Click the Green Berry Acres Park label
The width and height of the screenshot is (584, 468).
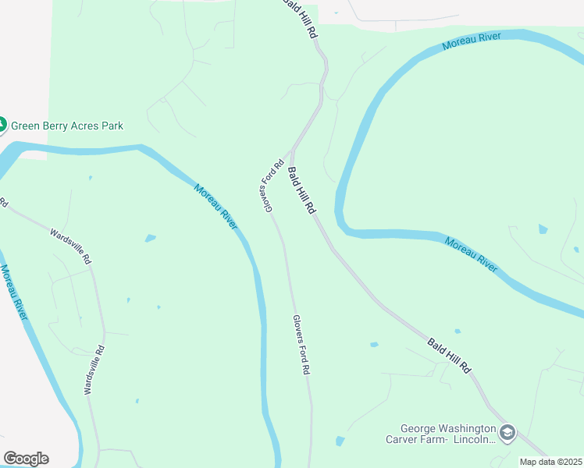66,126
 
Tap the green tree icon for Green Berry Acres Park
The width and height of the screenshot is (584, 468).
2,125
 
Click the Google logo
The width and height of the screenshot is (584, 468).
26,458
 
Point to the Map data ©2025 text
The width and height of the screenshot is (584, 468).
551,462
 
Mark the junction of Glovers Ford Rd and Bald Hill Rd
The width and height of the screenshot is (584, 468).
291,151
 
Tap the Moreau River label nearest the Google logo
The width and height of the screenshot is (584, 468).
14,292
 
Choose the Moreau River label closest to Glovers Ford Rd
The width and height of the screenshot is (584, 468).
216,207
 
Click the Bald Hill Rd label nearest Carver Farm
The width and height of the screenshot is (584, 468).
450,355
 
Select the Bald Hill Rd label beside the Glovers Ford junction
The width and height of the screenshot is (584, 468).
301,191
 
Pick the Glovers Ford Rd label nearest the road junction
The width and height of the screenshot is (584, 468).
271,186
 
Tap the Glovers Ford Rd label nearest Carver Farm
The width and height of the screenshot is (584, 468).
301,345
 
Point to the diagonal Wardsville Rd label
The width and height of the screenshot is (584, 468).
71,245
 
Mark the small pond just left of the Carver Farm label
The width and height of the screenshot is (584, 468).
340,441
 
